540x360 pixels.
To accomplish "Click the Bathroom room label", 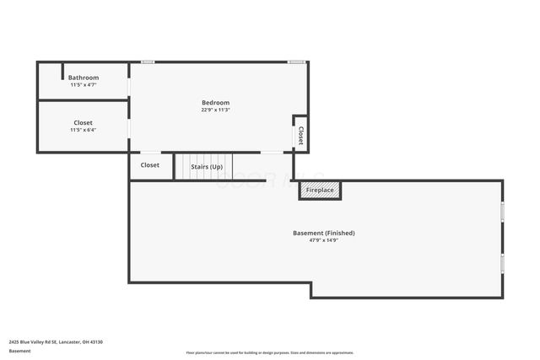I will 84,78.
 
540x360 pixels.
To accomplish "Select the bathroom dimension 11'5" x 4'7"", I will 84,85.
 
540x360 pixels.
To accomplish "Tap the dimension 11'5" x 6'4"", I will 84,130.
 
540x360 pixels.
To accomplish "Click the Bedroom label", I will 215,103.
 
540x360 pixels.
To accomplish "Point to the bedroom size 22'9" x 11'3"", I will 215,110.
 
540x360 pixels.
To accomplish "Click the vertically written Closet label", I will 300,136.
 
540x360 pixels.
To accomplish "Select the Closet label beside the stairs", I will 150,165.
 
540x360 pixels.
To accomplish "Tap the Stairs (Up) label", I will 207,167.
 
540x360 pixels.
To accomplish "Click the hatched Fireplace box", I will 320,191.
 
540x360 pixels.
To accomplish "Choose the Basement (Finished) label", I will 323,233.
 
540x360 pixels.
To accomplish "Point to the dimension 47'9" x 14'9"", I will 323,240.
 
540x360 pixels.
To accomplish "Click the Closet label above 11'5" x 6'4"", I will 84,122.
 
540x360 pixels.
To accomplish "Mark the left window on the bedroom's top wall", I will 148,62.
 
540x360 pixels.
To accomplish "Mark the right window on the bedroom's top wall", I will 296,62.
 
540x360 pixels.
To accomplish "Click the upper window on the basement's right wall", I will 502,212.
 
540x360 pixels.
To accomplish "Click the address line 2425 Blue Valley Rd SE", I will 56,342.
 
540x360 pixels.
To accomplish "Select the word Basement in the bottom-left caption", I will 19,352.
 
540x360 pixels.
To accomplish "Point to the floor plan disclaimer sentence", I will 270,352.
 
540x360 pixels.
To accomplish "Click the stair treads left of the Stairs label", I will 181,167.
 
